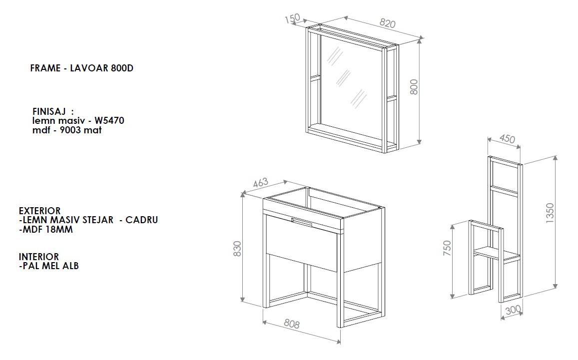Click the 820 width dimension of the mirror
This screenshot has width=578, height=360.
(x=388, y=23)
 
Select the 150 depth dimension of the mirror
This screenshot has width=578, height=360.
(x=292, y=18)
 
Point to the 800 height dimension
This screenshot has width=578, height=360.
(x=414, y=87)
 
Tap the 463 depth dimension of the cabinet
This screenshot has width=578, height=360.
(x=260, y=182)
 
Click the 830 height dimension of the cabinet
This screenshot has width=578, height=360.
(x=237, y=249)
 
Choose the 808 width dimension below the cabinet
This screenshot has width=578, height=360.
(x=292, y=324)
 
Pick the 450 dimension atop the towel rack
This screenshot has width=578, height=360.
(x=507, y=138)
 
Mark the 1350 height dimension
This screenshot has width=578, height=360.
(x=550, y=213)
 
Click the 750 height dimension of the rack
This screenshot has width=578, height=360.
(x=447, y=248)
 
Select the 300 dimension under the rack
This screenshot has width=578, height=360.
(x=513, y=310)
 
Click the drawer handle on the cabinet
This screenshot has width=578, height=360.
(x=301, y=222)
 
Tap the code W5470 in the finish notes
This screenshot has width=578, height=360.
(x=109, y=120)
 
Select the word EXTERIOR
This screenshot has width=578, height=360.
(x=40, y=211)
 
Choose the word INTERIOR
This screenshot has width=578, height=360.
(x=39, y=257)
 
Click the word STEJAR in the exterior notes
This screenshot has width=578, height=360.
(x=100, y=220)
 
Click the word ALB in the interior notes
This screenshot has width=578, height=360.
(x=71, y=266)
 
